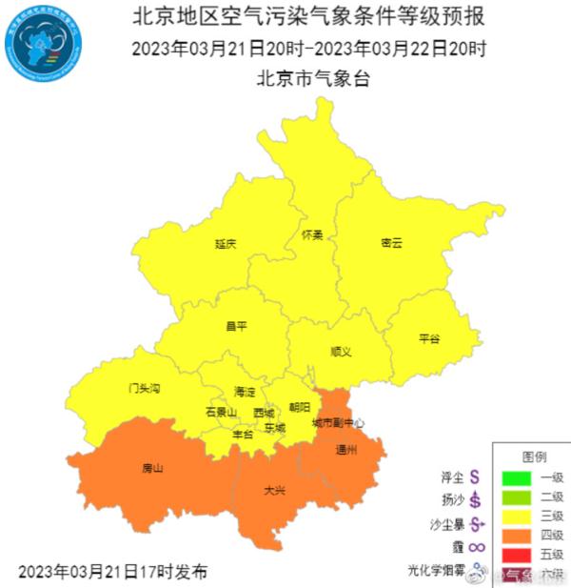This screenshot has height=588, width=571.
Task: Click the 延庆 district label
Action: click(226, 244)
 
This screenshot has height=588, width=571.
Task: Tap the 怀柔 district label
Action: click(312, 234)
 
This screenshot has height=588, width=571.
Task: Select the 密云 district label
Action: click(391, 243)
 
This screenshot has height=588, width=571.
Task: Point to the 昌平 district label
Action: click(236, 326)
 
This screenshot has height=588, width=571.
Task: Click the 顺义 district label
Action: click(341, 352)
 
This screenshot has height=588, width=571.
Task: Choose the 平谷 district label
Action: click(429, 338)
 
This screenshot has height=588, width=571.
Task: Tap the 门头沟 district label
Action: click(145, 389)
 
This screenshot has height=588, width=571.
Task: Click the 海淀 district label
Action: click(245, 392)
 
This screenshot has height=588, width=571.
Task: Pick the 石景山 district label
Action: click(221, 412)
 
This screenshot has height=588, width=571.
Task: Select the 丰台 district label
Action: click(243, 434)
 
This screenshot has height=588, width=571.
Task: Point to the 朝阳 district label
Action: click(299, 407)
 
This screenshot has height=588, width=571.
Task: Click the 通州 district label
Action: click(346, 449)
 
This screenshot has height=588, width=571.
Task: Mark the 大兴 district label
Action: click(274, 491)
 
